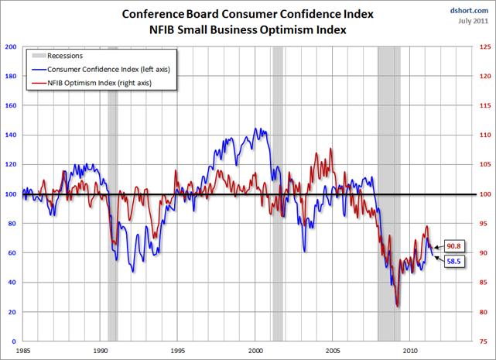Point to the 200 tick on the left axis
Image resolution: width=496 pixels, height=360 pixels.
tap(12, 47)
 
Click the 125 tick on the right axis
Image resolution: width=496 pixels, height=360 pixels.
tap(485, 47)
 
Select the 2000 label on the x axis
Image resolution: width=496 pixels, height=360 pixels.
tap(256, 350)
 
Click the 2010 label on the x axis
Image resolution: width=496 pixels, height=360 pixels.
tap(411, 350)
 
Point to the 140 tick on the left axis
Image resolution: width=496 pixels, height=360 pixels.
tap(12, 135)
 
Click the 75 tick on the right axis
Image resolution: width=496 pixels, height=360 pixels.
tap(484, 341)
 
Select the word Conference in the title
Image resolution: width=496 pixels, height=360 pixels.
tap(152, 13)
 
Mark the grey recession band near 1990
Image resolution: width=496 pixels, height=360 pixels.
tap(112, 194)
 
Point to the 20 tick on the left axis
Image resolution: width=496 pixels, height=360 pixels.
tap(14, 312)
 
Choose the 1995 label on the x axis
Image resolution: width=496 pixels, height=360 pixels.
tap(179, 350)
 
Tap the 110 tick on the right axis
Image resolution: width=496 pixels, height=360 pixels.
tap(485, 135)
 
